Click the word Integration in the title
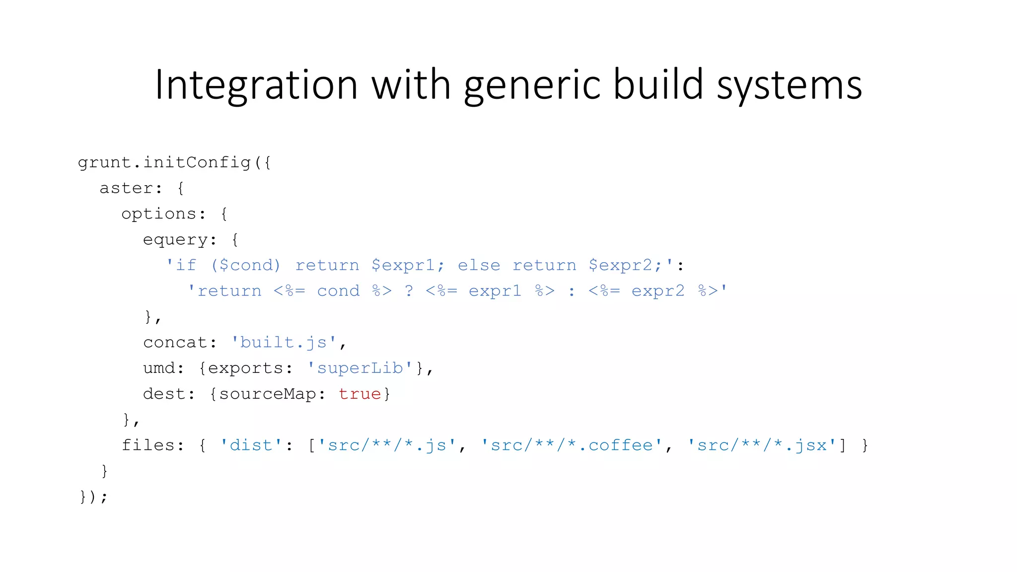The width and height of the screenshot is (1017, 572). pyautogui.click(x=256, y=85)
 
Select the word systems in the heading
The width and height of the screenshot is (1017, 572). pyautogui.click(x=789, y=85)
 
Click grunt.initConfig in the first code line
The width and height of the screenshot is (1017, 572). pyautogui.click(x=164, y=162)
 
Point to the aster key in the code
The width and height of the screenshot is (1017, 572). pyautogui.click(x=126, y=188)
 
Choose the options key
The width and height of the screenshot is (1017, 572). pyautogui.click(x=158, y=214)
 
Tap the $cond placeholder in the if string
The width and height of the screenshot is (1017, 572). pyautogui.click(x=245, y=265)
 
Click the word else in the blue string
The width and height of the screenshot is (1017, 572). pyautogui.click(x=479, y=265)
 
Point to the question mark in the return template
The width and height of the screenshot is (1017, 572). pyautogui.click(x=409, y=291)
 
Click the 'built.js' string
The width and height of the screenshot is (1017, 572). pyautogui.click(x=284, y=343)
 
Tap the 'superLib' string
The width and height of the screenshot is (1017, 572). pyautogui.click(x=360, y=368)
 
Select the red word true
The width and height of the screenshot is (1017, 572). pyautogui.click(x=360, y=394)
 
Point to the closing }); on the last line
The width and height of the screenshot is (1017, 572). pyautogui.click(x=93, y=497)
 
